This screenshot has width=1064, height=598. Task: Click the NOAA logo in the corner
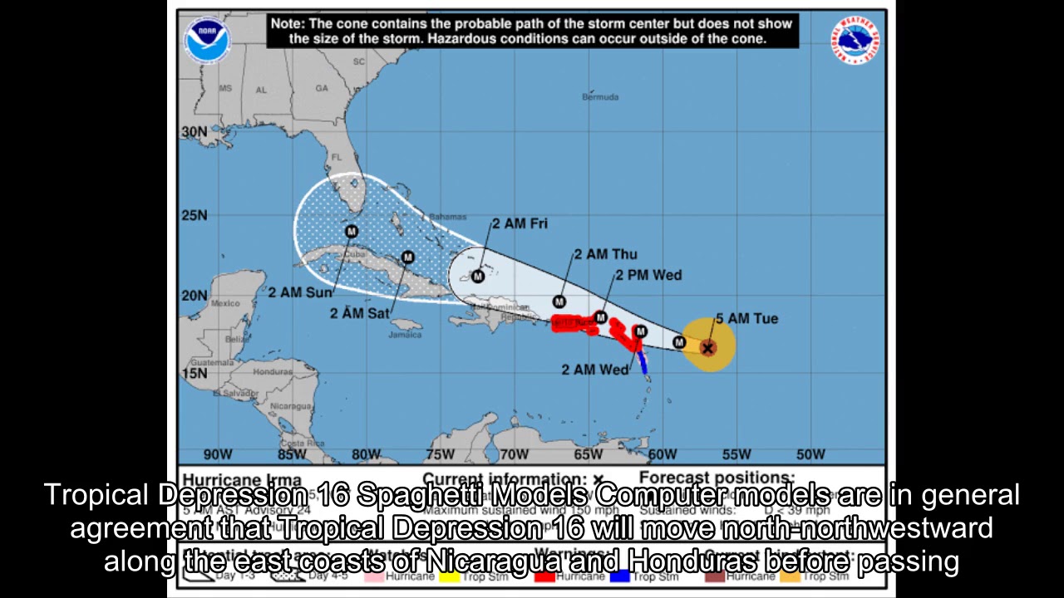(x=207, y=40)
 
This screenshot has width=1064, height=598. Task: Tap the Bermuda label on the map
(x=600, y=97)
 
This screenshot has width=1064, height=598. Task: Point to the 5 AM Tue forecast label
(x=746, y=319)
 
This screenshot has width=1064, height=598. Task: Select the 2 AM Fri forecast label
(x=520, y=223)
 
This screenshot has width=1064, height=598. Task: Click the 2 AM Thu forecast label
(x=605, y=254)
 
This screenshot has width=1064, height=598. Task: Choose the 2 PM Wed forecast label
(x=648, y=275)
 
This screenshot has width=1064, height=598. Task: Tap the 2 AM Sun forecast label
(x=300, y=292)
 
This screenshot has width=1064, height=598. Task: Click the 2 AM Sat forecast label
(x=359, y=313)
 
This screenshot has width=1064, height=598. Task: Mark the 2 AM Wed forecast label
(x=595, y=370)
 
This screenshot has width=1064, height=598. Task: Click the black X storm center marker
(x=708, y=348)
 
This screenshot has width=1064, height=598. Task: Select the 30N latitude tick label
(x=194, y=132)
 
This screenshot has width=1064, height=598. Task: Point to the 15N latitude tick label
(x=194, y=373)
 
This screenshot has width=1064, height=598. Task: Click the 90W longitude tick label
(x=218, y=454)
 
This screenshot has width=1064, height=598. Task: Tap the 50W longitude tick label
(x=810, y=454)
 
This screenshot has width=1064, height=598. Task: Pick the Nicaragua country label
(x=290, y=406)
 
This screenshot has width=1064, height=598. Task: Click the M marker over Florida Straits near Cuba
(x=351, y=232)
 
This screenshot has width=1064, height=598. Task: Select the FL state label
(x=337, y=157)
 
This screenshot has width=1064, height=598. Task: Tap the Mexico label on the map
(x=224, y=303)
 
